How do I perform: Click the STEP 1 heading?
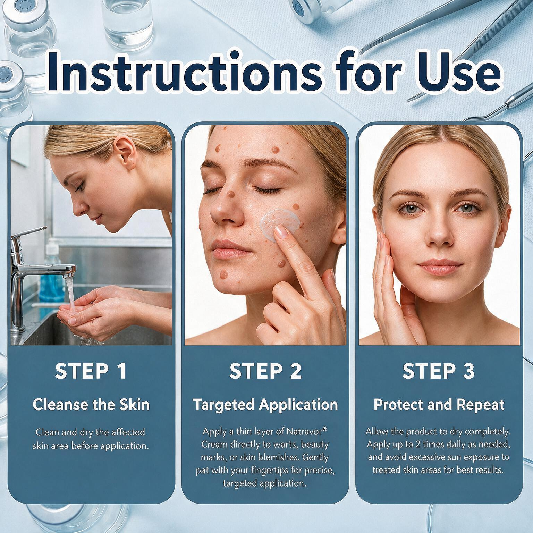91,371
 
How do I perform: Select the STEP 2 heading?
265,371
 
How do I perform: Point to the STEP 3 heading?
439,371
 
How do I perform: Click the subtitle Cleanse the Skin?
91,405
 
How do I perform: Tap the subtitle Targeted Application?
265,405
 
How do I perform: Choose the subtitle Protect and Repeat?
439,405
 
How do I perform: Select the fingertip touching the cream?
280,233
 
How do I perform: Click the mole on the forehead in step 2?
275,150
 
